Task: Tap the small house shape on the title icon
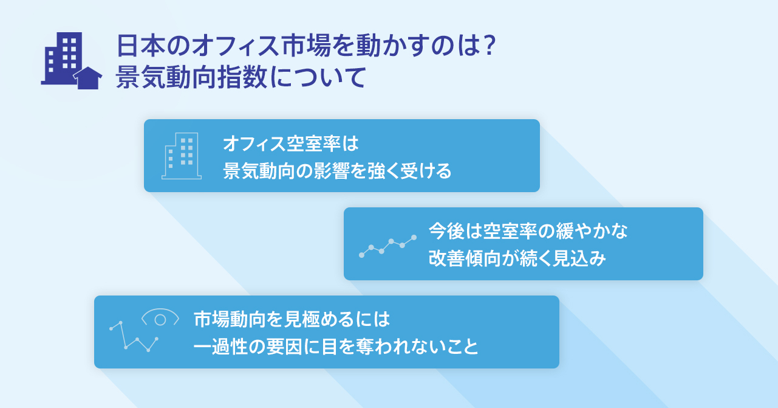coord(87,78)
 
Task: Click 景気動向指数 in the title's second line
coord(192,77)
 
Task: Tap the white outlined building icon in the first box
coord(182,156)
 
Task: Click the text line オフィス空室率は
coord(291,143)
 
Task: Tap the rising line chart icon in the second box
coord(387,246)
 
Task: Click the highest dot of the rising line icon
coord(414,238)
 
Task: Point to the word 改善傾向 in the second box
coord(465,258)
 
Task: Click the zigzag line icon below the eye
coord(134,336)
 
